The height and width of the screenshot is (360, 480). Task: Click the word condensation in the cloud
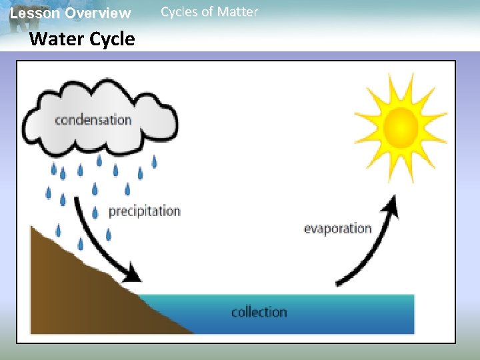pos(93,121)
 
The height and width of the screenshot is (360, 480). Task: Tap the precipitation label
pos(144,211)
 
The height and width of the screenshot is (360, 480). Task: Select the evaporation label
pos(337,229)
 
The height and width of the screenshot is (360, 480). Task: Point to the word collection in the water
pos(259,312)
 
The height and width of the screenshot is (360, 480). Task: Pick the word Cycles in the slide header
pos(179,12)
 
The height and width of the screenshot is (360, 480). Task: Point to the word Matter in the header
pos(238,12)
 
